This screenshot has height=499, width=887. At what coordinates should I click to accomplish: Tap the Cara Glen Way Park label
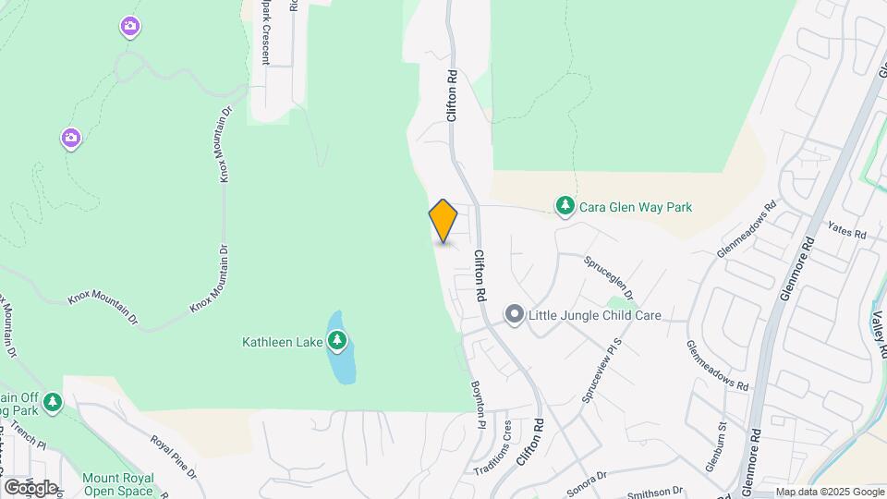point(635,207)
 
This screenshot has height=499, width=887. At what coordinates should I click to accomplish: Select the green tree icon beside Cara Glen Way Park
point(564,204)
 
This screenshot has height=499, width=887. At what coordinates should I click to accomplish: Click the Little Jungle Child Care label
point(594,315)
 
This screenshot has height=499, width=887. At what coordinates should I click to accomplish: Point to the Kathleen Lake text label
point(282,342)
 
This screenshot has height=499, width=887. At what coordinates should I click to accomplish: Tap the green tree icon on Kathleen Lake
point(337,341)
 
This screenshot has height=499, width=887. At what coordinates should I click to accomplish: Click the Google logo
point(30,487)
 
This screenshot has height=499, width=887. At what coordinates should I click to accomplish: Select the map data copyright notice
point(829,492)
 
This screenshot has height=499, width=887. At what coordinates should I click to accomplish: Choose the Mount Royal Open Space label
point(117,484)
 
